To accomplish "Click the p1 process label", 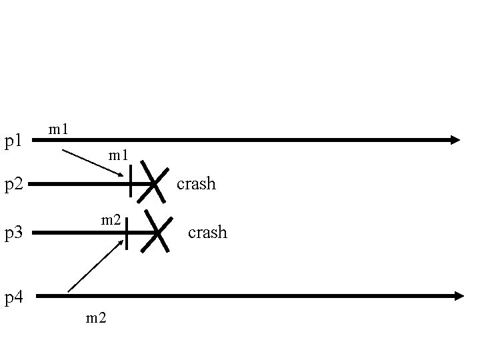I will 14,141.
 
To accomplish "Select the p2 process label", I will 14,185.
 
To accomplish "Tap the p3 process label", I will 14,233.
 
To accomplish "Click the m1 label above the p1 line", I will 59,129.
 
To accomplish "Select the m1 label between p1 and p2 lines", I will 119,157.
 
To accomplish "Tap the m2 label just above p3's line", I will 111,219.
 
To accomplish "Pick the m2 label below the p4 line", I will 96,318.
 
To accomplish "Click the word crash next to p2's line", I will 196,184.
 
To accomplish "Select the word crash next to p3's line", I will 207,233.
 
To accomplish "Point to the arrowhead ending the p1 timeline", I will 455,140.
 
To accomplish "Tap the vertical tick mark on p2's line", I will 131,182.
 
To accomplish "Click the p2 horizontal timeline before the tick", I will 80,183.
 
